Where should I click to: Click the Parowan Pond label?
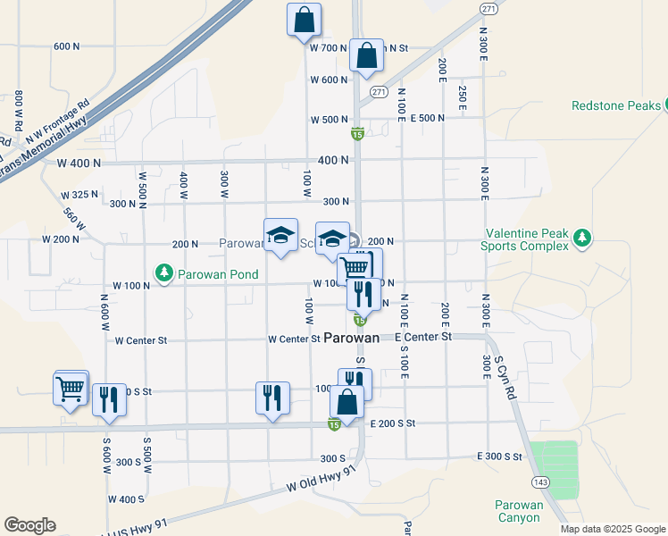point(218,274)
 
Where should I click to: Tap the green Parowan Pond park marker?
point(163,272)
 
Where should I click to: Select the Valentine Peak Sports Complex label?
point(524,239)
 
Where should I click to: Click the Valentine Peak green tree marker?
point(582,238)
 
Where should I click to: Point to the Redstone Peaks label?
point(616,105)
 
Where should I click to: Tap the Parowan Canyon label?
point(518,511)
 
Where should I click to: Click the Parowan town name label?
point(351,338)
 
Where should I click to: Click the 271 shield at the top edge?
point(488,8)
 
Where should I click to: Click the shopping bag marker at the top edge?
point(304,19)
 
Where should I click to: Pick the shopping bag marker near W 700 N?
point(366,55)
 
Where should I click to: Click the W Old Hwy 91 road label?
point(321,482)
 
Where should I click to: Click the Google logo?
point(29,525)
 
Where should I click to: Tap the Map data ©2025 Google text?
point(613,529)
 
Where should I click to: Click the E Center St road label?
point(423,337)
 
